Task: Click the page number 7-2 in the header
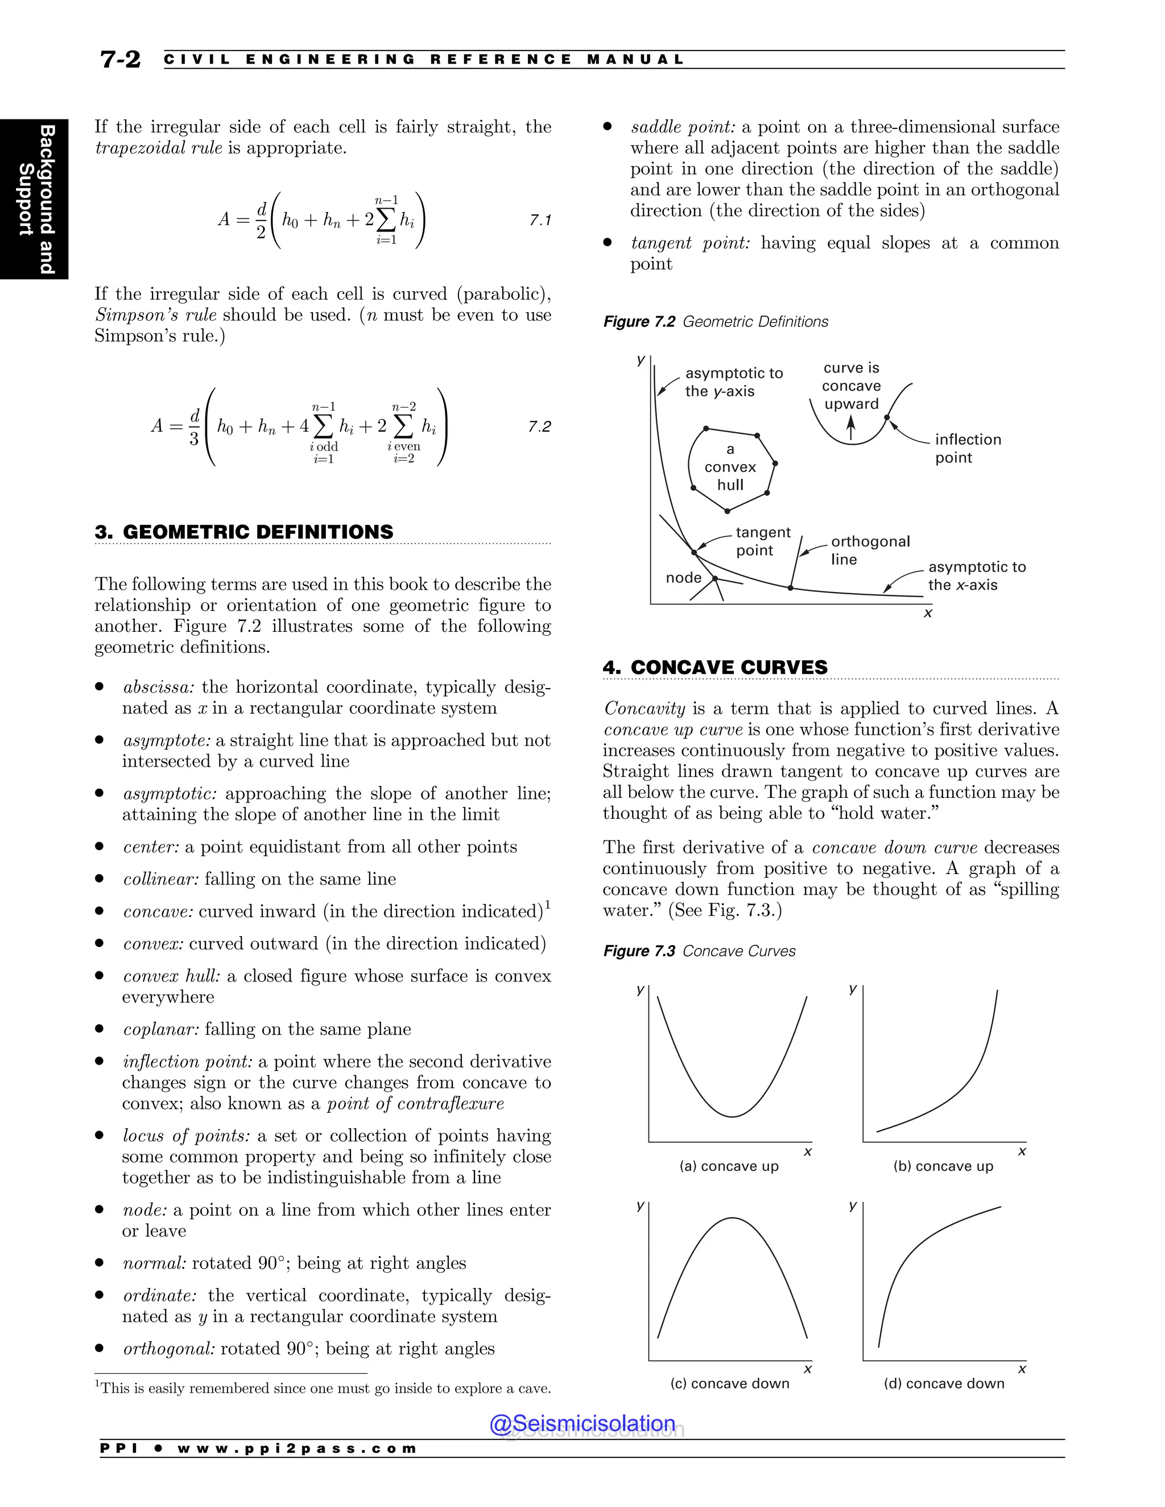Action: click(x=120, y=60)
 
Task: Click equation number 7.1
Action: click(x=540, y=220)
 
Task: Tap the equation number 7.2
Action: click(x=539, y=427)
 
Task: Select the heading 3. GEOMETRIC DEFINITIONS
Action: click(x=244, y=532)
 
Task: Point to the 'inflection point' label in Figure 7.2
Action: click(x=967, y=449)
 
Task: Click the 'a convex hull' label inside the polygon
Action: click(x=730, y=467)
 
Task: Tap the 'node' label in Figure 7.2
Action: click(x=683, y=578)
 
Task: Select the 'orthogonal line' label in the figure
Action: click(x=870, y=550)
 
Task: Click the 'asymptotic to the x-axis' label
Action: click(x=976, y=576)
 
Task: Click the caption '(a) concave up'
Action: click(x=729, y=1166)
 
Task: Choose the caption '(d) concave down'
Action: click(x=944, y=1384)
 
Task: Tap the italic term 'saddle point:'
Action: click(x=683, y=127)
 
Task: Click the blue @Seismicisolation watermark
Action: click(x=582, y=1423)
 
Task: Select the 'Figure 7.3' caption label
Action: click(x=638, y=951)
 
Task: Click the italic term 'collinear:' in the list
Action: click(x=161, y=879)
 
